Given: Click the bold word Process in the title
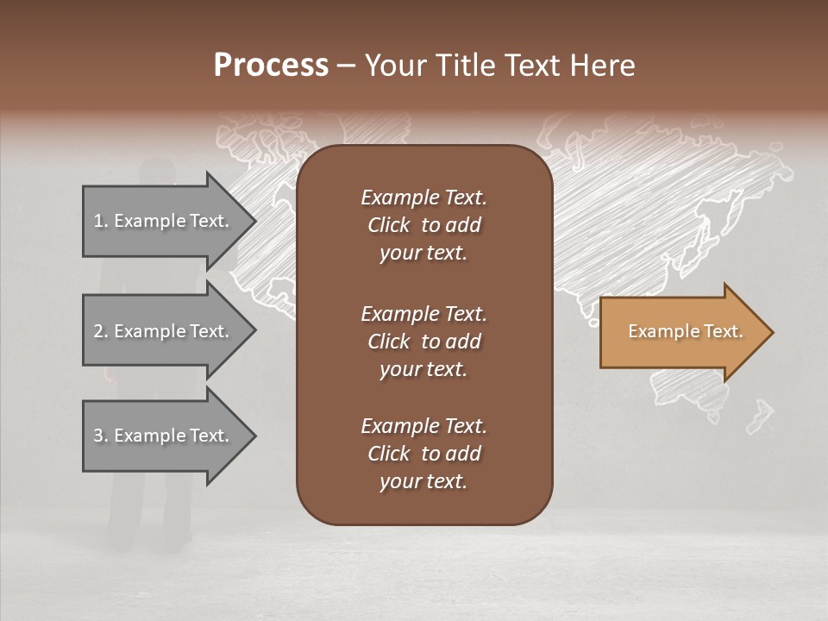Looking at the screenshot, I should [271, 66].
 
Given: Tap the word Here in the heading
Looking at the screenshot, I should [602, 66].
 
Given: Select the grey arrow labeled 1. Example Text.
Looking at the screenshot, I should [164, 221].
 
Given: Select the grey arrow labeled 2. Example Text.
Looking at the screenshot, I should [164, 331].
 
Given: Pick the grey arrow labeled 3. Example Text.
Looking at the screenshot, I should [164, 436].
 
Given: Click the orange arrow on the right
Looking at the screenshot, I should [681, 332].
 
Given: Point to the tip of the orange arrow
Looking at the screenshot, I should [770, 332].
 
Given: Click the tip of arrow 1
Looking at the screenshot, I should [253, 221].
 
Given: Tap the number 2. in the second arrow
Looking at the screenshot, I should [101, 331].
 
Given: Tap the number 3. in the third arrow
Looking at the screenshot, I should [101, 436].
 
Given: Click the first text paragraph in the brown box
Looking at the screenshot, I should [423, 225].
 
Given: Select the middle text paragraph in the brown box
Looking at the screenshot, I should [423, 342].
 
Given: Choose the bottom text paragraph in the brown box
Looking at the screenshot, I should [423, 454].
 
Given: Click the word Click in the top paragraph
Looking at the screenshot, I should [388, 225].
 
